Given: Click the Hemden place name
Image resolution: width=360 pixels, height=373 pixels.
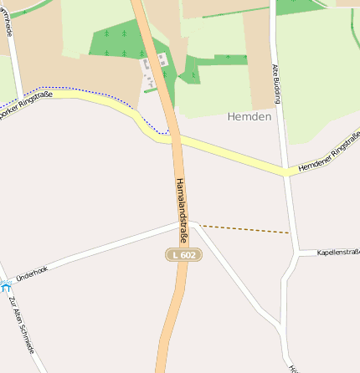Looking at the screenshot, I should pos(249,117).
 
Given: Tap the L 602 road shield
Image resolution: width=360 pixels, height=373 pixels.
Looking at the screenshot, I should pos(184,254).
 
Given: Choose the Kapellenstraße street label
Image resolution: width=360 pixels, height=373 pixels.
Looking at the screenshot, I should pos(339,252).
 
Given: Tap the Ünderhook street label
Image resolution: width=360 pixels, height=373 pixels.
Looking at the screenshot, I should pos(32,270).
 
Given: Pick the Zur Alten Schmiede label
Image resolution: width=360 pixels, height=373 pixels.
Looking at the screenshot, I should pos(22,324).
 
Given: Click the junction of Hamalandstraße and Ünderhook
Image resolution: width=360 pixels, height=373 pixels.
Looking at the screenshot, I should pos(187,223).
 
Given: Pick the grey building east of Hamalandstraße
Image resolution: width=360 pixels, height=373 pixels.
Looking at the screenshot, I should pos(162,59).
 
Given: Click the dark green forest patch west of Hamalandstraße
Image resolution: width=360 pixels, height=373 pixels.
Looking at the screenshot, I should pos(117,42).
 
